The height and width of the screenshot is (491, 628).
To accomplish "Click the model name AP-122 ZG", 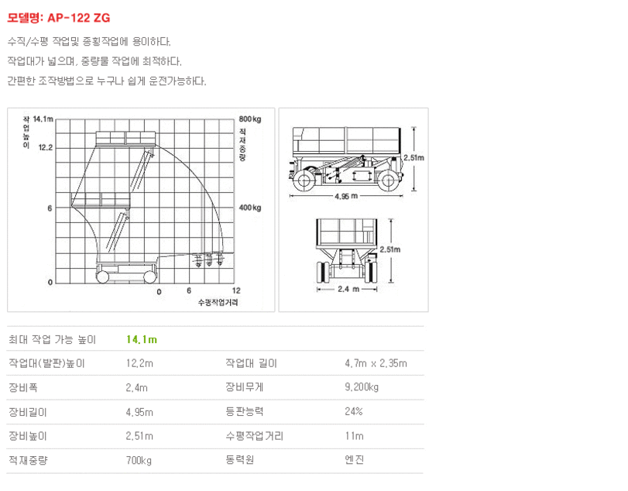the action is tap(78, 18).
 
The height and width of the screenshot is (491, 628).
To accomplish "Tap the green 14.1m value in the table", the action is tap(142, 340).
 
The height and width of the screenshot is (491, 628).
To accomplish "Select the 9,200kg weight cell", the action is tap(362, 387).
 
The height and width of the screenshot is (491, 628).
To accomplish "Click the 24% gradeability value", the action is tap(354, 411).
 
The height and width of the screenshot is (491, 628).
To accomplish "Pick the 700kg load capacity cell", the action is tap(139, 460).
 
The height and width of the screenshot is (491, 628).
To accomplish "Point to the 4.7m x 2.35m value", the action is tap(376, 363).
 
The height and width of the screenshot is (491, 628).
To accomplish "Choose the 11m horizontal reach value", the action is tap(355, 436).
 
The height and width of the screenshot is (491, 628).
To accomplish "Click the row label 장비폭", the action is tap(23, 387).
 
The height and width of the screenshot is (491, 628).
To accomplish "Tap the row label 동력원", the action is tap(239, 460).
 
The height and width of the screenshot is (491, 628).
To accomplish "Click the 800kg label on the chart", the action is tap(250, 119).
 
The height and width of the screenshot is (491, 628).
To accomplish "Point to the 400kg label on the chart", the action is tap(250, 208).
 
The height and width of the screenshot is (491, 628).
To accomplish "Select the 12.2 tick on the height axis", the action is tap(45, 147).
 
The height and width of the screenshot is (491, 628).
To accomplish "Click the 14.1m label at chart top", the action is tap(43, 119).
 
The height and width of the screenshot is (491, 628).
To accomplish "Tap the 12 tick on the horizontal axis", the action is tap(236, 290).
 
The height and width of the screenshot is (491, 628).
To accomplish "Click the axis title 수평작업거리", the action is tap(218, 302).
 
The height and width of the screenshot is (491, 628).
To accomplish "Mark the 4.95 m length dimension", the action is tap(346, 196).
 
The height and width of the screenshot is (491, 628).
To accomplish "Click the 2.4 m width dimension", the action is tap(348, 289).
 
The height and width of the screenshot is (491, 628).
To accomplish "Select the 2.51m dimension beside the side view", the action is tap(414, 158).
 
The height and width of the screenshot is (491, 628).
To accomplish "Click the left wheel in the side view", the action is tap(304, 180).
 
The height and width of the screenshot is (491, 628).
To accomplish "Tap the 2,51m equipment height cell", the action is tap(139, 436).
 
